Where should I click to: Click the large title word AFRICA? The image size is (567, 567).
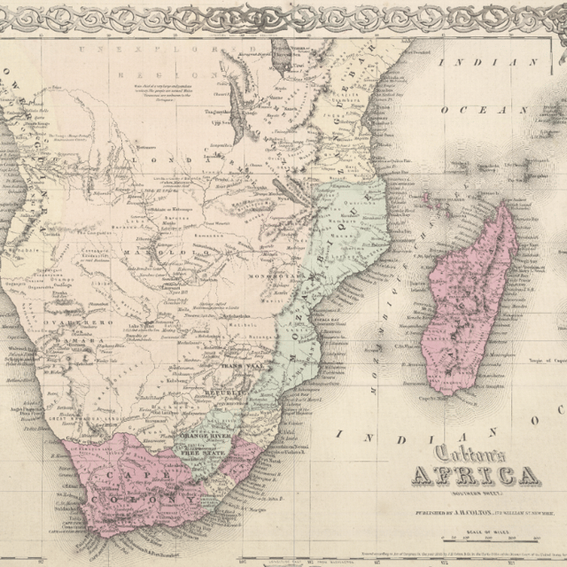coord(473,476)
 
